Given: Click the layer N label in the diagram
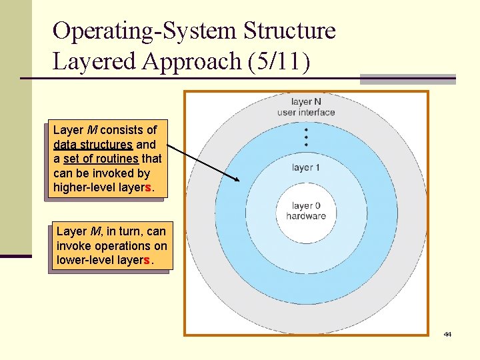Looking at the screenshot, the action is [x=306, y=102].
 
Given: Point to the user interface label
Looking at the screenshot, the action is [x=306, y=112].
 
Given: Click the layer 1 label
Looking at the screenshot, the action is [x=306, y=167].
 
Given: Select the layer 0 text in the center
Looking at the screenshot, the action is [x=306, y=206].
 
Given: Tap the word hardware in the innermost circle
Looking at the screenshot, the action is [x=306, y=215].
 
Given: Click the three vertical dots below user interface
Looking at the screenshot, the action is [x=306, y=137].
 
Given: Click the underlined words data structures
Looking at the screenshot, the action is [x=93, y=144].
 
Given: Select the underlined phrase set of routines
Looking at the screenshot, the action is [x=101, y=159].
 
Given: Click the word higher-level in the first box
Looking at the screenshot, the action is [x=83, y=187].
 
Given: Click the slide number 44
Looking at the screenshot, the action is [x=447, y=334].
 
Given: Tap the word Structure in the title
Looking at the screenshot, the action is [x=290, y=31].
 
